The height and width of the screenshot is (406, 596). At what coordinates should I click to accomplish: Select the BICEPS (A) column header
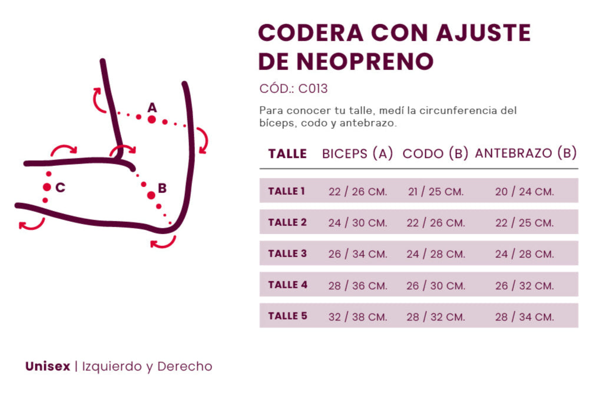click(357, 154)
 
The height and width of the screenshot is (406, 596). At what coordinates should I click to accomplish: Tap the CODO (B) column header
click(435, 154)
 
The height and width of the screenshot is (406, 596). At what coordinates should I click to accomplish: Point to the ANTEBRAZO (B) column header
click(525, 154)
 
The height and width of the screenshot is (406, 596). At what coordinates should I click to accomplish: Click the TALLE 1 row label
click(287, 191)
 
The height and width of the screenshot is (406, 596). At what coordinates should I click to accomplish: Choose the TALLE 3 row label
click(287, 254)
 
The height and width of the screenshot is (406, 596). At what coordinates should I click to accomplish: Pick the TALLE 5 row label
click(287, 316)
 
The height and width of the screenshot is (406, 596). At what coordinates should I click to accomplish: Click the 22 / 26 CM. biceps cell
click(358, 192)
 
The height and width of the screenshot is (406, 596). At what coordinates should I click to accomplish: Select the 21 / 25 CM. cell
click(436, 192)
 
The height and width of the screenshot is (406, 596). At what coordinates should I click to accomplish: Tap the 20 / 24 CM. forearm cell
click(525, 192)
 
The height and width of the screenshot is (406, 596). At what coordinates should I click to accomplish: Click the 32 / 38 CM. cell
click(358, 317)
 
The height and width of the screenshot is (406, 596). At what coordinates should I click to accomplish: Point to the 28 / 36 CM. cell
click(358, 286)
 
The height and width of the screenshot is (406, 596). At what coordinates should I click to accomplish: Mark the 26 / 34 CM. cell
click(358, 254)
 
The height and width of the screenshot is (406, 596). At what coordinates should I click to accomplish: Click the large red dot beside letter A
click(152, 119)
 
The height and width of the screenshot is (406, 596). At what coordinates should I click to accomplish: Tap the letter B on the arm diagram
click(163, 188)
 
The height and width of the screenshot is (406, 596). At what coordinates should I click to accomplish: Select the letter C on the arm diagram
click(60, 188)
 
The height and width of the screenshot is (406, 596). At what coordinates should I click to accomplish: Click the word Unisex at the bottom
click(47, 367)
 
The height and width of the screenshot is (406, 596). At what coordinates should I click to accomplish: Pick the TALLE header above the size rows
click(287, 154)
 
